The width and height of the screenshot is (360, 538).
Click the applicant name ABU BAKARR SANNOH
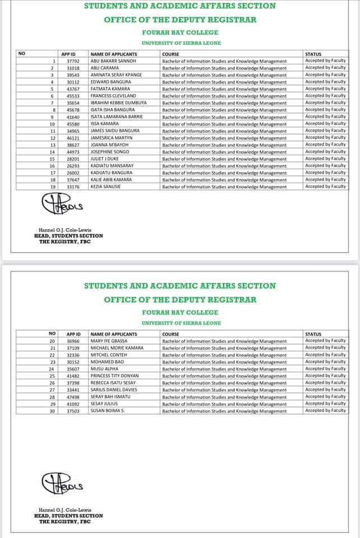[113, 61]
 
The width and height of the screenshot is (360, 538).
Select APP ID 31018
[73, 68]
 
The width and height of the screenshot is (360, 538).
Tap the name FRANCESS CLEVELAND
[113, 96]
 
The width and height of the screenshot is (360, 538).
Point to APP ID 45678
[73, 110]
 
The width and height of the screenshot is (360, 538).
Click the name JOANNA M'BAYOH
[109, 145]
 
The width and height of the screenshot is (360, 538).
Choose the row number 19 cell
[52, 187]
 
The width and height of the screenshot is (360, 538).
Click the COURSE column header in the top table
[170, 54]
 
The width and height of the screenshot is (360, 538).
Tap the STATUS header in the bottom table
[313, 334]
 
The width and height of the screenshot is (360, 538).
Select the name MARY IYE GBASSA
[109, 341]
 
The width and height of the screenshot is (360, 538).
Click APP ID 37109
[73, 348]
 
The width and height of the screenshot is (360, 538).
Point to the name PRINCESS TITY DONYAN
[114, 376]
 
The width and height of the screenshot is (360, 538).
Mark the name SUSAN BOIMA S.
[106, 411]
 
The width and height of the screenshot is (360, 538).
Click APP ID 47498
[73, 397]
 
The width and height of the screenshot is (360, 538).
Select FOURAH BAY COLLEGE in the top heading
[180, 33]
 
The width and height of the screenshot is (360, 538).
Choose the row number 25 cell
[52, 376]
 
